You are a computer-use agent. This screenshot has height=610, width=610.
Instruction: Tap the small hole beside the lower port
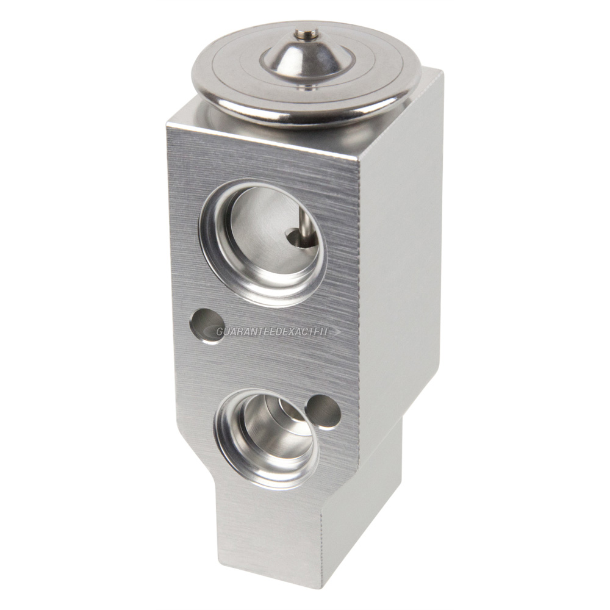coord(323,412)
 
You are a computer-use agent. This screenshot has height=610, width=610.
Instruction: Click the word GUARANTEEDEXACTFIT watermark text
coord(272,331)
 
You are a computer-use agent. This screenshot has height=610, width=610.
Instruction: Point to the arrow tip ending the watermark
coord(339,332)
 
